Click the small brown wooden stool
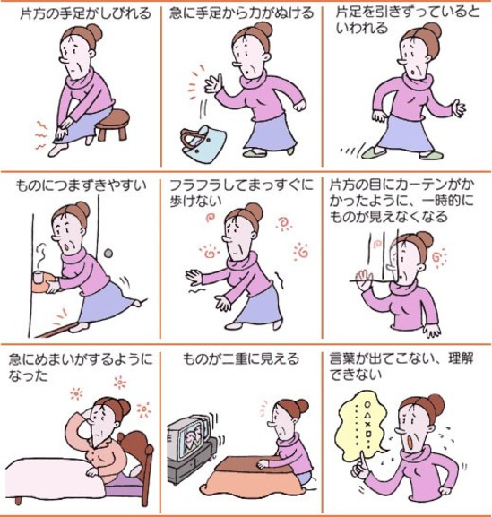coord(114,125)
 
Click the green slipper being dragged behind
coord(374,152)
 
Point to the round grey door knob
coord(108,254)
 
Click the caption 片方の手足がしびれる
coord(85,14)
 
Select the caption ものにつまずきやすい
coord(81,185)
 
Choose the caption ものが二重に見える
coord(241,358)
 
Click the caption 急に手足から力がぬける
coord(242,13)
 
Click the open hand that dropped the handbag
coord(212,83)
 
